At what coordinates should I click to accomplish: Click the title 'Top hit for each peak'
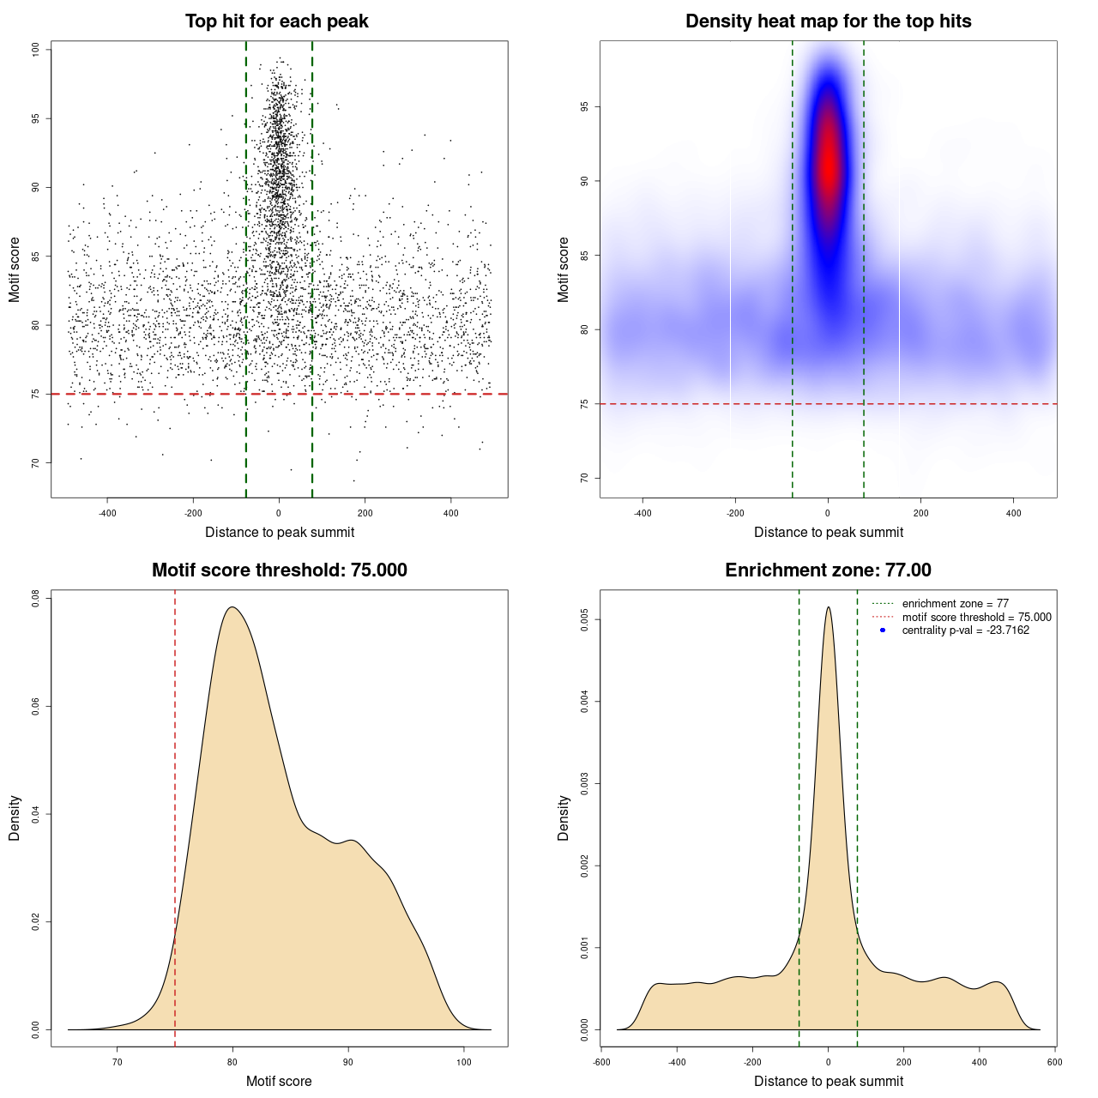[277, 21]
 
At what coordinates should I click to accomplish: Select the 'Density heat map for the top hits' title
[828, 21]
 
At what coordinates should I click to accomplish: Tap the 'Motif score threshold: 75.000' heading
[279, 570]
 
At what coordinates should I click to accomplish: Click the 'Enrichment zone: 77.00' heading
[828, 570]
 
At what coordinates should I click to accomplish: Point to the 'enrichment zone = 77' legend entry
[955, 604]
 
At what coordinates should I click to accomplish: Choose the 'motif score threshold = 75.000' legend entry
[976, 617]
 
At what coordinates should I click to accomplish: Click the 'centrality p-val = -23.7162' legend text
[965, 630]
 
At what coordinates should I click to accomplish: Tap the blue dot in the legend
[883, 630]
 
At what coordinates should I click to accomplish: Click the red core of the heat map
[828, 163]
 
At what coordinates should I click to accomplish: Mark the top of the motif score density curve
[232, 607]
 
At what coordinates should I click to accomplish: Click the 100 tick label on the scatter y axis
[36, 50]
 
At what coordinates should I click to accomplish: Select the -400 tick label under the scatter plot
[107, 514]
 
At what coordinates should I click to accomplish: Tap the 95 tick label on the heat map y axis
[584, 107]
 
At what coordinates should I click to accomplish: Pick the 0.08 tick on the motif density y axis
[36, 598]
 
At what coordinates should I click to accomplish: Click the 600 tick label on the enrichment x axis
[1054, 1062]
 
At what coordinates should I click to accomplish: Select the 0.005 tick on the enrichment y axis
[584, 619]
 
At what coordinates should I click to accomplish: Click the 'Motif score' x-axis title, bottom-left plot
[279, 1081]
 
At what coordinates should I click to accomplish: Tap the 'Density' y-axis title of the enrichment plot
[564, 817]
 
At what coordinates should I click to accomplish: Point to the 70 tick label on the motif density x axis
[118, 1062]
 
